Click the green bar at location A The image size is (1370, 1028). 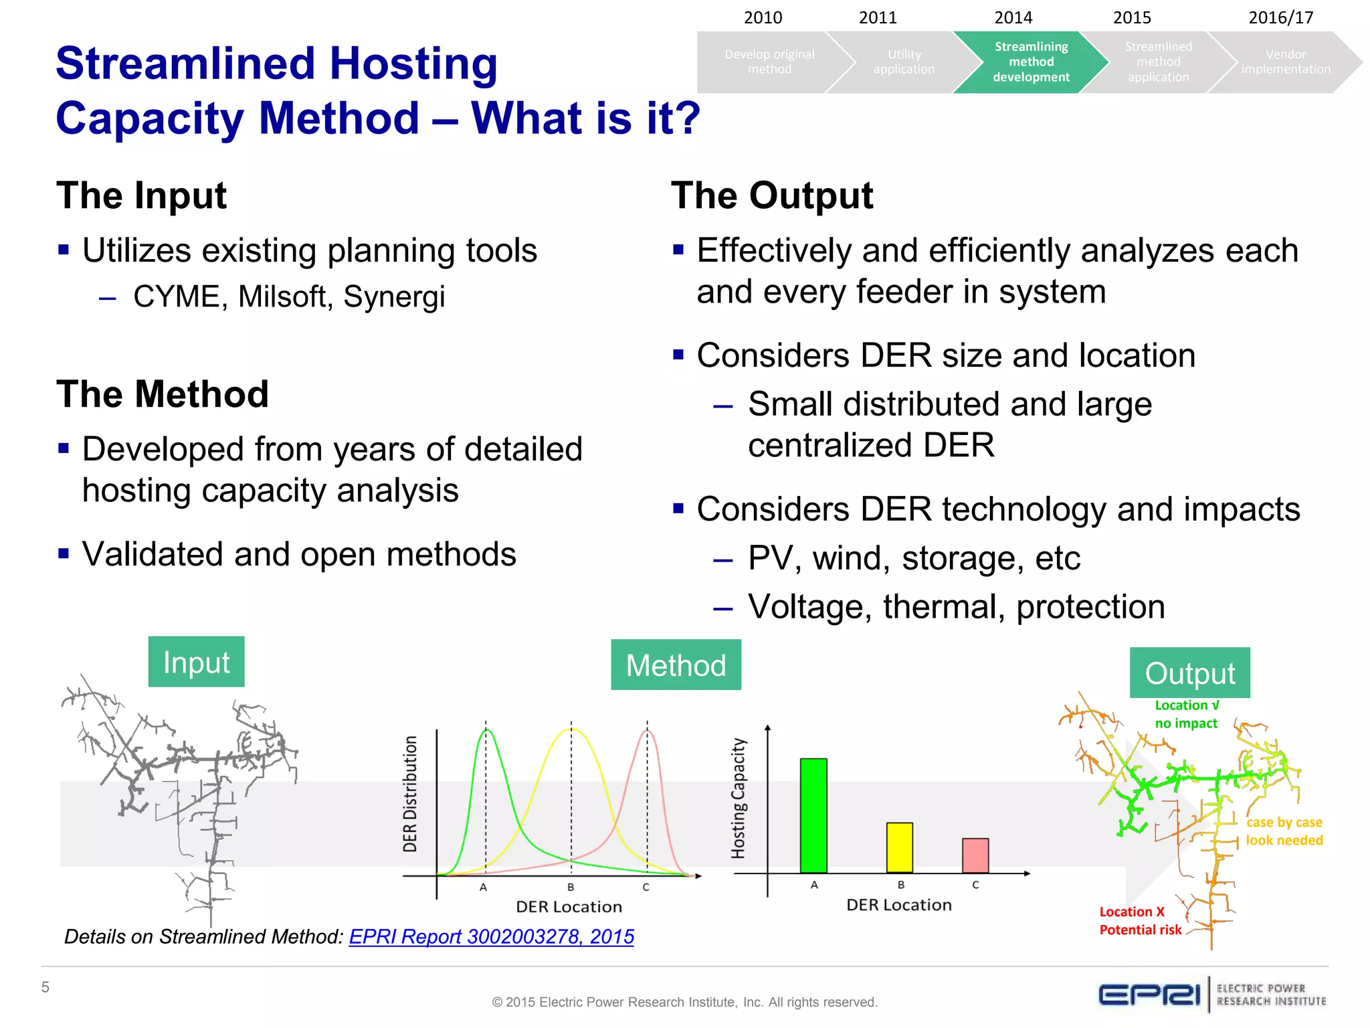tap(813, 815)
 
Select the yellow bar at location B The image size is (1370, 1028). tap(900, 847)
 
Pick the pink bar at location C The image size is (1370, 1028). tap(975, 855)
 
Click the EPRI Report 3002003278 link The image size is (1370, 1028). tap(491, 936)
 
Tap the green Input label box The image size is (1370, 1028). tap(196, 662)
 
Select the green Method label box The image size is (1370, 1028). tap(676, 665)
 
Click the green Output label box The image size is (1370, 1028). tap(1189, 673)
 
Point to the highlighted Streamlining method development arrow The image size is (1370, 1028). tap(1030, 62)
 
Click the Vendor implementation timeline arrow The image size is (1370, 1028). tap(1285, 62)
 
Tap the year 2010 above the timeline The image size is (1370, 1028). tap(763, 17)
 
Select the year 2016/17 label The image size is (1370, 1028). tap(1280, 17)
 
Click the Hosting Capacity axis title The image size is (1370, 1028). tap(738, 798)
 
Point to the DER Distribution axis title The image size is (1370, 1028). tap(410, 794)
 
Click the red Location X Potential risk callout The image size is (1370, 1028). tap(1140, 921)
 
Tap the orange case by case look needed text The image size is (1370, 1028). tap(1284, 831)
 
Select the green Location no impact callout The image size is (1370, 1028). tap(1186, 714)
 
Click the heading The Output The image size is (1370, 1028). tap(771, 195)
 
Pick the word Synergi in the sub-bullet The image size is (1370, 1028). tap(393, 296)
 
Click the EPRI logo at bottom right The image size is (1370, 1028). tap(1149, 995)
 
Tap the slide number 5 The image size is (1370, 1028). tap(45, 987)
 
